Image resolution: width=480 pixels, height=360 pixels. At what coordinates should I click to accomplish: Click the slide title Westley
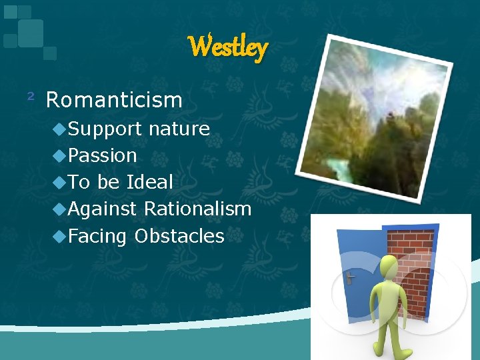(x=227, y=47)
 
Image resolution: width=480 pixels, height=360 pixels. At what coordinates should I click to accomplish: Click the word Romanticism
(x=114, y=100)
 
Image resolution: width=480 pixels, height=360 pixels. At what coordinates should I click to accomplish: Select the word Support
(x=105, y=129)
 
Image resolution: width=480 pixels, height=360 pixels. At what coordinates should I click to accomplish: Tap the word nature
(x=179, y=129)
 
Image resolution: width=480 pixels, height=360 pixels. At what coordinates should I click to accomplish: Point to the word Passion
(x=103, y=155)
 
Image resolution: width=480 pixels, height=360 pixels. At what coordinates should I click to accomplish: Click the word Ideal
(x=150, y=182)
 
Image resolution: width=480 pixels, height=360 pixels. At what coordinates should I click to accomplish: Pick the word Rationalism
(x=197, y=209)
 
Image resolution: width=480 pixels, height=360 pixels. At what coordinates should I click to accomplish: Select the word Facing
(x=97, y=235)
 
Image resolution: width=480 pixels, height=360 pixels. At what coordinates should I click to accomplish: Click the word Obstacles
(x=179, y=235)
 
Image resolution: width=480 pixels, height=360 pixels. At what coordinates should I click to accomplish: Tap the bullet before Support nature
(x=61, y=129)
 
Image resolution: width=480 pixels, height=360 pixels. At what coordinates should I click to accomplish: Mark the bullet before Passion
(x=61, y=156)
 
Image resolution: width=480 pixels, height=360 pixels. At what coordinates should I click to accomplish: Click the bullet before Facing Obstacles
(x=61, y=236)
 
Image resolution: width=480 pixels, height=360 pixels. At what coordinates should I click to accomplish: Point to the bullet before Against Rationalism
(x=61, y=209)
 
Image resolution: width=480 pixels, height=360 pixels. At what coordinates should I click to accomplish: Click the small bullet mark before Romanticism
(x=30, y=97)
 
